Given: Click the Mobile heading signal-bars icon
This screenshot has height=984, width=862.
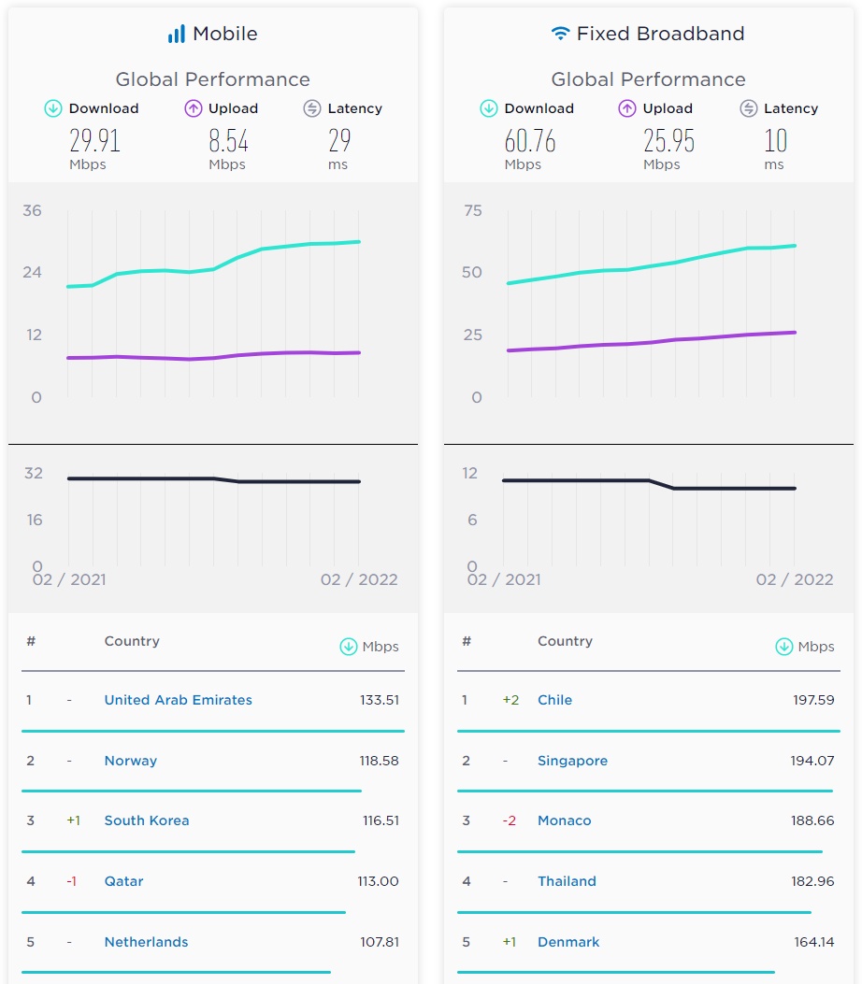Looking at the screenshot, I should (176, 35).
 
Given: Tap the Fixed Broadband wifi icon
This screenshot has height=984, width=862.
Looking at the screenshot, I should (560, 35).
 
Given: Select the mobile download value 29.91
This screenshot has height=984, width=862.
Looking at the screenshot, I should (94, 141).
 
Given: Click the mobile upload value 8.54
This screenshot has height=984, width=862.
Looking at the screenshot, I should (228, 141).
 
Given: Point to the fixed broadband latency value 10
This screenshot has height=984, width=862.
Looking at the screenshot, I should (775, 141).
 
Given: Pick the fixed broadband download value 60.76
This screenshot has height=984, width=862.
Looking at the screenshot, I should (530, 141).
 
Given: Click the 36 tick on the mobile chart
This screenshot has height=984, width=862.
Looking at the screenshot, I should (33, 210).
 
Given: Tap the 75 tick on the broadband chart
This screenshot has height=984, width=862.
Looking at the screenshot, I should (473, 210).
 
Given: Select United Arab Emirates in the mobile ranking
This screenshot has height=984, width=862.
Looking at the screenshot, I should (178, 700).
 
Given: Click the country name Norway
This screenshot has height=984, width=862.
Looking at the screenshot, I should (130, 761).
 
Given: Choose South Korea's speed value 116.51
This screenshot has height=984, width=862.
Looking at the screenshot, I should (381, 820).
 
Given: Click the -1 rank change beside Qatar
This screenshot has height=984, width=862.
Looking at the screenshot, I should (71, 881).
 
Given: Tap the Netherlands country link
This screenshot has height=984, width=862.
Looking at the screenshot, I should (146, 942).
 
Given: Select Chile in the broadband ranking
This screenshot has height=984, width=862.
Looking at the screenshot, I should (554, 700).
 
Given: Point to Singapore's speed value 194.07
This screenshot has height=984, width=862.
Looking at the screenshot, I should (812, 761).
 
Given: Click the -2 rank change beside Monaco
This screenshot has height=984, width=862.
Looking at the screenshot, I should (509, 820).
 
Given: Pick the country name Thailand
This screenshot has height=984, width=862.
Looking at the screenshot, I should (567, 881).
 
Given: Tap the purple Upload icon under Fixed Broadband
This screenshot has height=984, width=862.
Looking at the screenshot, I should (627, 108).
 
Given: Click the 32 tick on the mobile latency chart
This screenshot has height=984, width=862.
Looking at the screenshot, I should (34, 473).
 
